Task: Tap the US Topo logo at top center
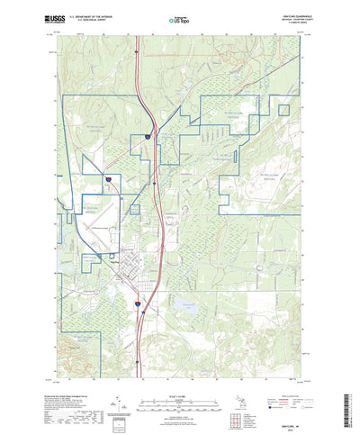point(179,18)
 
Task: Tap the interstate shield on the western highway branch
point(107,180)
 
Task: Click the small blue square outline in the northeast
point(283,111)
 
